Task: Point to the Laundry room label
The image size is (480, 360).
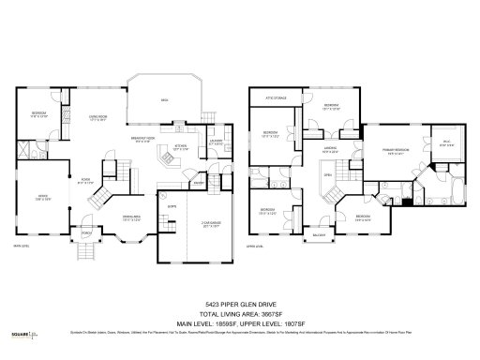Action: pyautogui.click(x=217, y=143)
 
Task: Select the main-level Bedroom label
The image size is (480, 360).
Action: pyautogui.click(x=38, y=117)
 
